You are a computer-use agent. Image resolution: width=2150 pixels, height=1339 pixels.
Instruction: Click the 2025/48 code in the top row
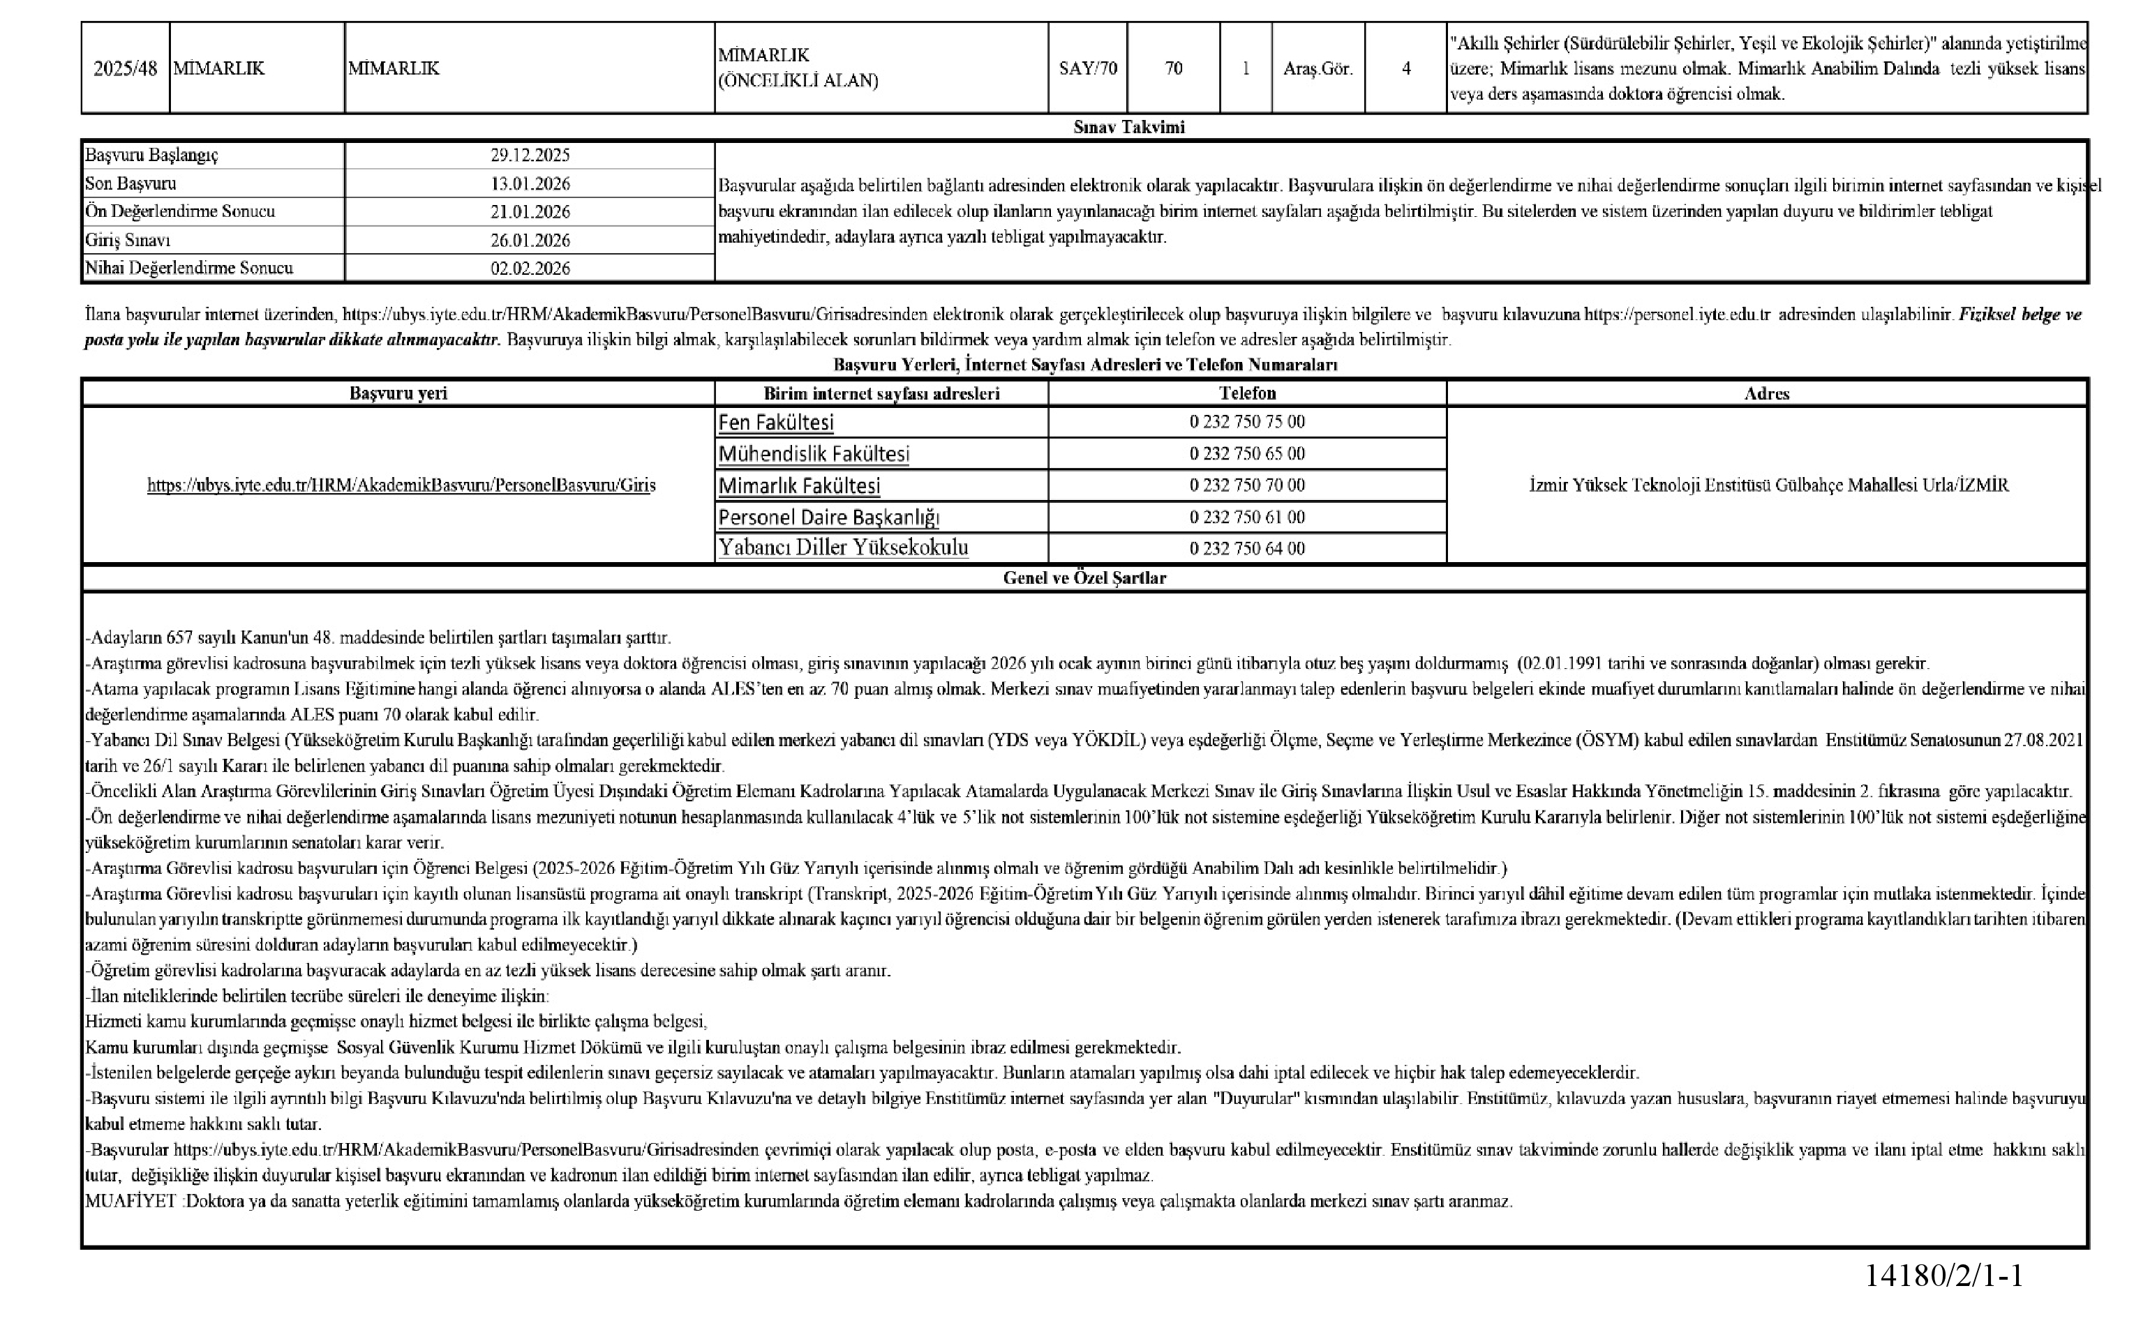pos(125,68)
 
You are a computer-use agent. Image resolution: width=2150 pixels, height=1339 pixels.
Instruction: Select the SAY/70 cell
pos(1088,68)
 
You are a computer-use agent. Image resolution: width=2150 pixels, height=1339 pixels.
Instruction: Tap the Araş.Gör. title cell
pos(1317,68)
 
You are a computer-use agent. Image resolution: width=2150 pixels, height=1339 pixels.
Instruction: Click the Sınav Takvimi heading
pos(1128,127)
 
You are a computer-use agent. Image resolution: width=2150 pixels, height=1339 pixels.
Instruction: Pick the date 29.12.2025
pos(530,155)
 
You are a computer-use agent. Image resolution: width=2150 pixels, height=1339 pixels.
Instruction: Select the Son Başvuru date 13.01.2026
pos(530,183)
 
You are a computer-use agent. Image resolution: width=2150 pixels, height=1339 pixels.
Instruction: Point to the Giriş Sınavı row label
pos(128,240)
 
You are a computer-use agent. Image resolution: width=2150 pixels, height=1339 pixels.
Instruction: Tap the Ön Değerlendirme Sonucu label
pos(180,211)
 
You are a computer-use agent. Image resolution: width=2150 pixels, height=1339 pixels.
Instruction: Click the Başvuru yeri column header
pos(398,393)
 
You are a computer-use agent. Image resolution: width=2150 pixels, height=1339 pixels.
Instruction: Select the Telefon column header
pos(1247,393)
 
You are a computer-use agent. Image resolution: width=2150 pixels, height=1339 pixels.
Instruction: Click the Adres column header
pos(1766,393)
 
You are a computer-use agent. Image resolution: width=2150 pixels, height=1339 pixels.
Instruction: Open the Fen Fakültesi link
pos(776,423)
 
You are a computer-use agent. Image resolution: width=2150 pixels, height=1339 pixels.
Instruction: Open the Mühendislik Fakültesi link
pos(813,454)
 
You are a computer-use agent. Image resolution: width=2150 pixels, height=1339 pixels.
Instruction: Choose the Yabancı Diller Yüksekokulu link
pos(842,547)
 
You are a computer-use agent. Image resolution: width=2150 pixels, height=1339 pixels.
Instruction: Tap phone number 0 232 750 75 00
pos(1247,421)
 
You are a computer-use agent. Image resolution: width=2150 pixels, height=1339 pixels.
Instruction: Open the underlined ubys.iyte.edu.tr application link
pos(401,485)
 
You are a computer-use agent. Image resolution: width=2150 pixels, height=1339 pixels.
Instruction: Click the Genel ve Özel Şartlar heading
pos(1084,577)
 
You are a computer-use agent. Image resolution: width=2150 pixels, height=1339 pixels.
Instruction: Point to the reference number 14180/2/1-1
pos(1943,1276)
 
